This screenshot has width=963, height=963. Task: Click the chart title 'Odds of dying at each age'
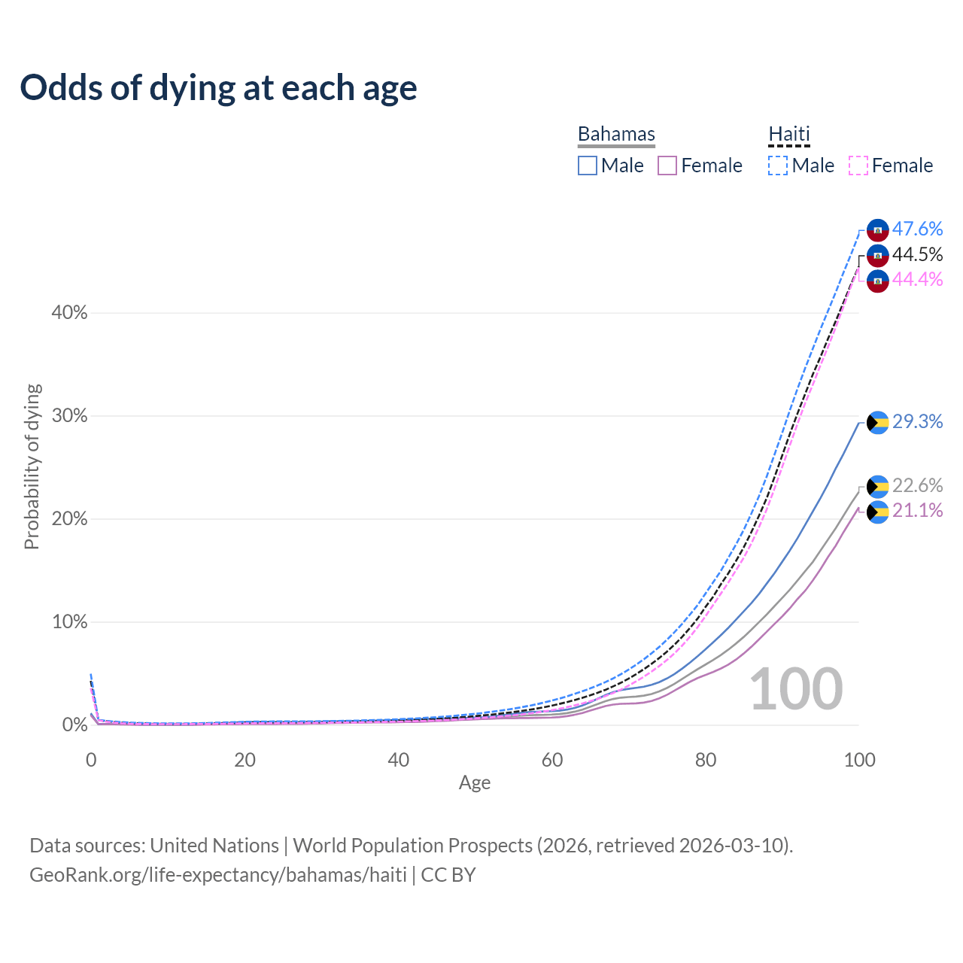pyautogui.click(x=218, y=88)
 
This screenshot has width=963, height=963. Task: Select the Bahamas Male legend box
pyautogui.click(x=588, y=166)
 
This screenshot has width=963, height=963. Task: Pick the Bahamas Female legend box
pyautogui.click(x=667, y=166)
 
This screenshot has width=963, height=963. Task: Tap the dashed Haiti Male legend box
pyautogui.click(x=778, y=166)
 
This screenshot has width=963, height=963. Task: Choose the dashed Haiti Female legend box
pyautogui.click(x=858, y=166)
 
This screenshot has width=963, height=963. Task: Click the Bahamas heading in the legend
pyautogui.click(x=616, y=134)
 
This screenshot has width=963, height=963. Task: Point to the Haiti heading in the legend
pyautogui.click(x=789, y=134)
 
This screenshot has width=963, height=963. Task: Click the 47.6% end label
pyautogui.click(x=917, y=229)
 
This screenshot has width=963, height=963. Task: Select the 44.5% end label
pyautogui.click(x=917, y=254)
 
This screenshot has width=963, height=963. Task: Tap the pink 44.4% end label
pyautogui.click(x=917, y=279)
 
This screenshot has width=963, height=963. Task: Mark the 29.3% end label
pyautogui.click(x=917, y=421)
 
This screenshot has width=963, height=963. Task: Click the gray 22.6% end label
pyautogui.click(x=917, y=485)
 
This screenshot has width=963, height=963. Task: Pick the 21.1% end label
pyautogui.click(x=917, y=510)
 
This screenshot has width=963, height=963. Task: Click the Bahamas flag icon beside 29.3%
pyautogui.click(x=878, y=423)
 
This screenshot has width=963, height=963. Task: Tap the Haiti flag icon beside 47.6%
pyautogui.click(x=878, y=230)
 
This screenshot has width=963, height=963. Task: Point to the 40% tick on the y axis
pyautogui.click(x=69, y=313)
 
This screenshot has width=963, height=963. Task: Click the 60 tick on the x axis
pyautogui.click(x=552, y=760)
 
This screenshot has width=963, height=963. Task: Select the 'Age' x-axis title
pyautogui.click(x=475, y=782)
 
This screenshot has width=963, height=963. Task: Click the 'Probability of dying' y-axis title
pyautogui.click(x=32, y=467)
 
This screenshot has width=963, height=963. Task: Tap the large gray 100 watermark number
pyautogui.click(x=796, y=689)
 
